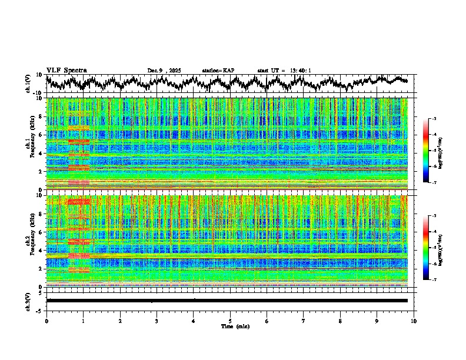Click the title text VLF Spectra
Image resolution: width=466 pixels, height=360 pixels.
click(66, 70)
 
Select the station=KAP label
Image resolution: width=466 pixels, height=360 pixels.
click(218, 71)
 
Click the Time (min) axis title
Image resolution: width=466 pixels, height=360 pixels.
click(230, 326)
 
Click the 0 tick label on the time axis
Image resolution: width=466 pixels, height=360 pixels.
click(46, 321)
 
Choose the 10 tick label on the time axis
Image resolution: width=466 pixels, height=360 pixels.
click(414, 321)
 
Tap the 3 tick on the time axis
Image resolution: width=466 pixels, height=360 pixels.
click(157, 321)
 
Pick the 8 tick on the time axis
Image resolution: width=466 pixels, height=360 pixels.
click(340, 321)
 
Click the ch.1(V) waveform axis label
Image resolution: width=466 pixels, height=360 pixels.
click(28, 84)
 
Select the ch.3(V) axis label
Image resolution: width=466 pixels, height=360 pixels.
click(28, 301)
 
